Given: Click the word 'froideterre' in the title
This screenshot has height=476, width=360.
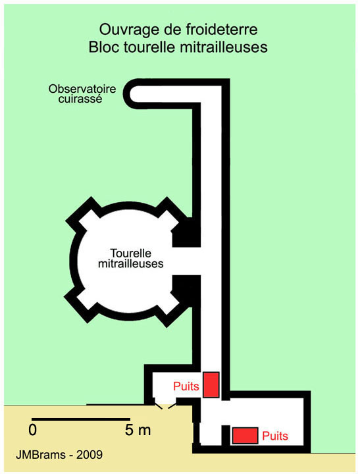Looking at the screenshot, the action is [222, 30].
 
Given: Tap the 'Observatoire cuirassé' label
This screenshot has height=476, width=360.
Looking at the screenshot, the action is [82, 93].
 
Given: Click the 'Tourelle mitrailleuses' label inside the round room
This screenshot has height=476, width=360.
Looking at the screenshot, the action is [131, 258].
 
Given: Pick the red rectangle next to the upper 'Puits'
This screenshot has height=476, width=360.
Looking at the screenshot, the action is [211, 384].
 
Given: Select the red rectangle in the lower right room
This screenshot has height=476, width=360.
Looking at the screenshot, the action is [245, 436].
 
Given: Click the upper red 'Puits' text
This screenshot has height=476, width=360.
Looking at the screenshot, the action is [186, 386].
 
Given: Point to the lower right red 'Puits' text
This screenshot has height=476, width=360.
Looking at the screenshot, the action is [275, 436].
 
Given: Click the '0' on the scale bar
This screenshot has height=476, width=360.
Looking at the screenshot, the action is [33, 430].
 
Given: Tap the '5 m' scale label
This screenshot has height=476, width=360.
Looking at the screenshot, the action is [138, 430].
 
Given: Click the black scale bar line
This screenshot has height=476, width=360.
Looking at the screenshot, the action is [81, 419].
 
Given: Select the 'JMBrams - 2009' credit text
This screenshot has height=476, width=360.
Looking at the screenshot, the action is [59, 455].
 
